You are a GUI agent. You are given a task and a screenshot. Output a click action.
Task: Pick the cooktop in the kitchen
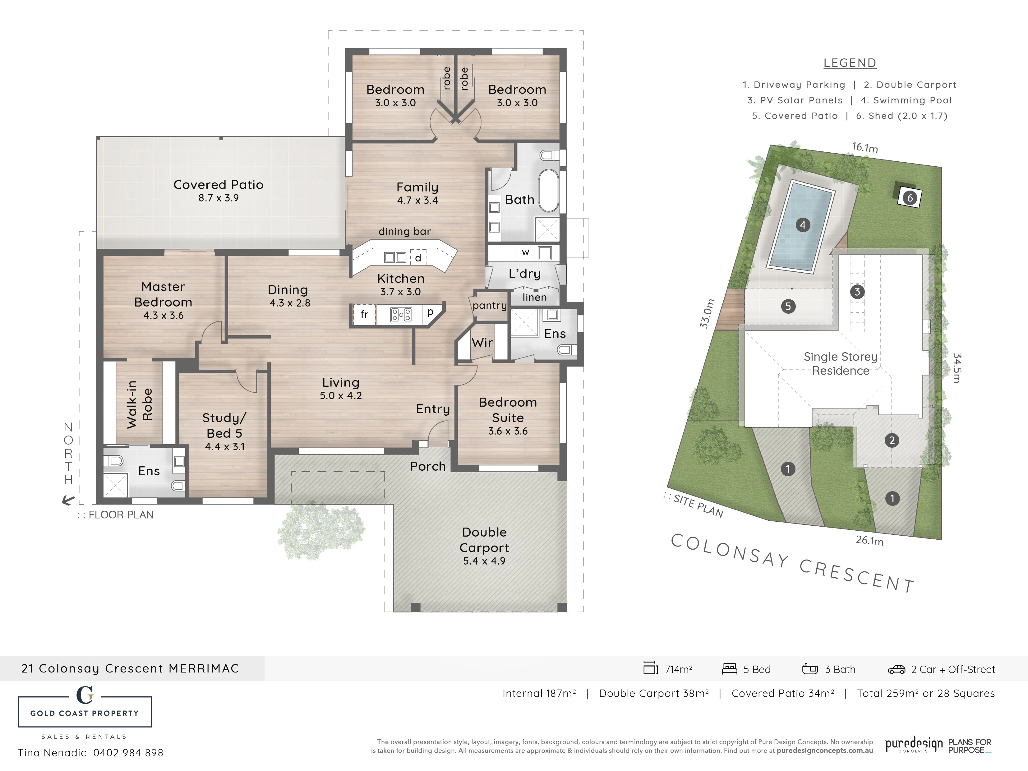click(401, 315)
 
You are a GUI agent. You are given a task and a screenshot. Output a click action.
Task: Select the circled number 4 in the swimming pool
click(803, 225)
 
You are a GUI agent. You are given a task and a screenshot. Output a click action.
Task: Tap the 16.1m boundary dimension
click(865, 147)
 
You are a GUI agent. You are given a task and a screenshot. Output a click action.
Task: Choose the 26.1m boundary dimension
click(869, 541)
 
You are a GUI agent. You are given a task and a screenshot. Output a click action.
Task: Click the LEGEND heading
click(850, 63)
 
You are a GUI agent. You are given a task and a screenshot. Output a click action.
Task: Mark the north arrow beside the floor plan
click(68, 500)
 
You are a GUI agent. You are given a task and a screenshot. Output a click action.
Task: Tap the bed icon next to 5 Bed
click(730, 669)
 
